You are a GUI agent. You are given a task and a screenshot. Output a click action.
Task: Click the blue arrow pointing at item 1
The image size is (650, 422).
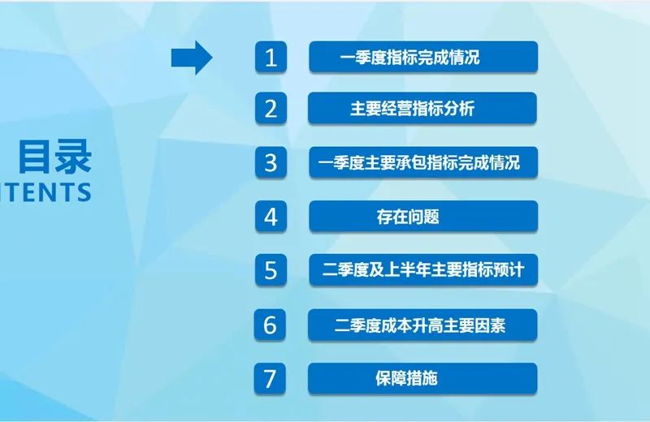pos(191,58)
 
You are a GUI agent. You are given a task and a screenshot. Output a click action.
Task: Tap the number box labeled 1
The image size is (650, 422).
pos(271,58)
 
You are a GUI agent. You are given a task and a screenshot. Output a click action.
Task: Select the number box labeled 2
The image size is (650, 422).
pos(271,109)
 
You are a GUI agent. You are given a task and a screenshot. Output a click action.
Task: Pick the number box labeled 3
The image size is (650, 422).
pos(271,162)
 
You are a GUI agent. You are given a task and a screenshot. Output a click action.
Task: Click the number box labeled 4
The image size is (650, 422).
pos(271,217)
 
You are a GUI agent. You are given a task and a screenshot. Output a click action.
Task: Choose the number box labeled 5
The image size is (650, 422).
pos(271,270)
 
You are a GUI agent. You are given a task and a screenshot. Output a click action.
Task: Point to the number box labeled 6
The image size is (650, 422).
pos(271,325)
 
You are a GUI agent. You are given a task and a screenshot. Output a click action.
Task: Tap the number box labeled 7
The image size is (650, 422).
pos(271,378)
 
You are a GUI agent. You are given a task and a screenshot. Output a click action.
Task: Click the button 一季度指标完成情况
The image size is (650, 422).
pos(422,58)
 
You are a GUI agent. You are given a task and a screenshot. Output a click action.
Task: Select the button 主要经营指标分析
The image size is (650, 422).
pos(422,109)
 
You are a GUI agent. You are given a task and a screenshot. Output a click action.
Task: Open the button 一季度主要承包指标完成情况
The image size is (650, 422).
pos(422,162)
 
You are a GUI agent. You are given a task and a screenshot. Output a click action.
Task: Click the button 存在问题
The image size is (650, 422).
pos(422,217)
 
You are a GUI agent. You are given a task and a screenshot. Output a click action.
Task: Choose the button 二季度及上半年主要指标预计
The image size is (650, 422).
pos(422,270)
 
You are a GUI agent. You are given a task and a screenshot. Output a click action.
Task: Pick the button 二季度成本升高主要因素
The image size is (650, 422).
pos(422,325)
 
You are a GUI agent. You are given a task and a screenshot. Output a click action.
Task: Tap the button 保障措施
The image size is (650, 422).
pos(422,378)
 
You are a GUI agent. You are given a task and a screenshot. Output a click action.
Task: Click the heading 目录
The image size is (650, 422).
pos(55,157)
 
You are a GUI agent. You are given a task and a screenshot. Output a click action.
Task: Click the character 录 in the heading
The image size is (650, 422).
pos(74,157)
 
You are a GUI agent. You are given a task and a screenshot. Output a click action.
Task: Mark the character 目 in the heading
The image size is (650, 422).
pos(36,157)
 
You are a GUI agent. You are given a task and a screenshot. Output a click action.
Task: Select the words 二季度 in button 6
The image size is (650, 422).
pos(357,325)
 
